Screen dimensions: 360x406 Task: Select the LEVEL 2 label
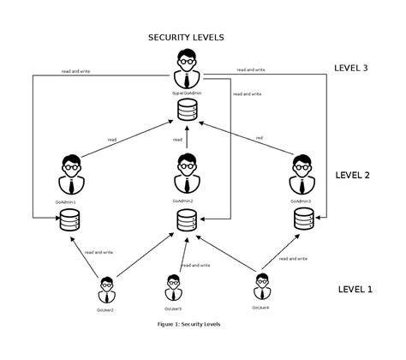coord(352,175)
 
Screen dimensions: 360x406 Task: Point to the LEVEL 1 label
coord(355,289)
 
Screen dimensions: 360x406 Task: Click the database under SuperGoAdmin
coord(186,110)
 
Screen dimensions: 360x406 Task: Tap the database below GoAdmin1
coord(69,221)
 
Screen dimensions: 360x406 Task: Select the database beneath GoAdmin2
coord(186,220)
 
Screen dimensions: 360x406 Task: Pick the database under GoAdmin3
coord(302,220)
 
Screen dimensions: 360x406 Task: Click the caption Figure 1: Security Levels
coord(189,325)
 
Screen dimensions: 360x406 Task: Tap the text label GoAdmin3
coord(302,201)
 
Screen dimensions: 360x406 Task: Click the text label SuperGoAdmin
coord(186,92)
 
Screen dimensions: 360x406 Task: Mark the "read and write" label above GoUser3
coord(196,265)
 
